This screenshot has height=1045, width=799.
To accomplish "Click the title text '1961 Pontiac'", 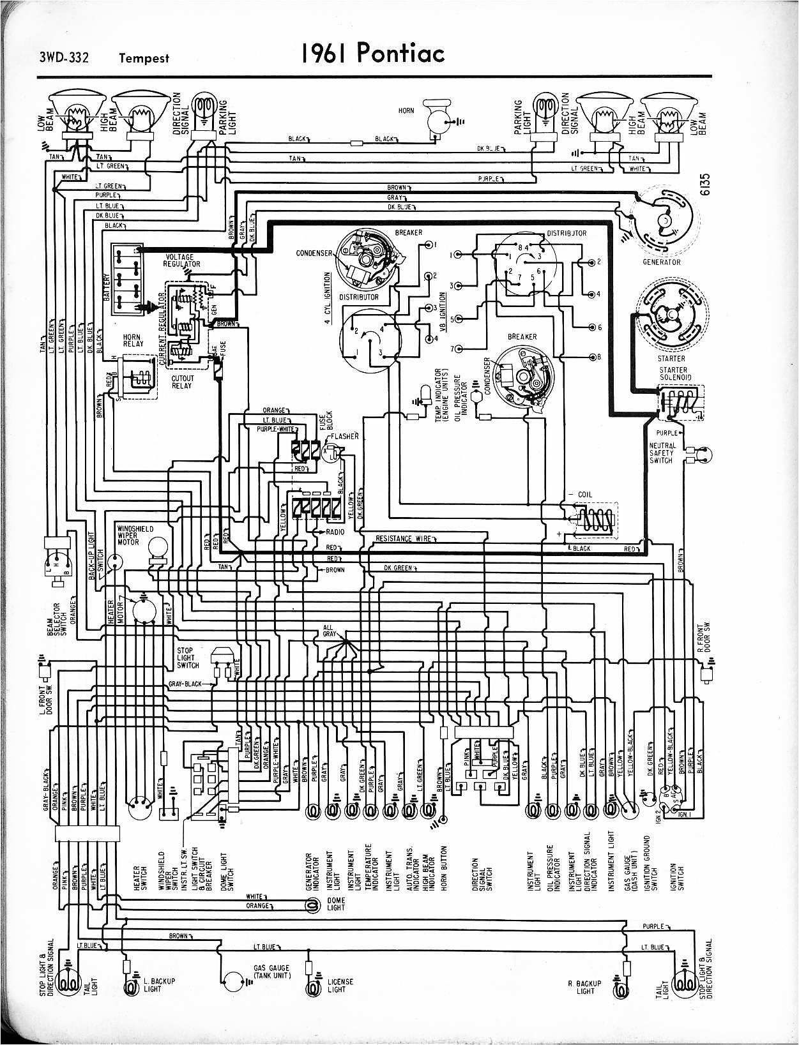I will tap(374, 54).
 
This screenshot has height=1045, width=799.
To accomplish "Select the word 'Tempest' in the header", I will tap(144, 58).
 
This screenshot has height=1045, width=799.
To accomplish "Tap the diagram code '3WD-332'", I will tap(64, 58).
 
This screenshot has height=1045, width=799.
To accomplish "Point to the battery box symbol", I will tap(127, 280).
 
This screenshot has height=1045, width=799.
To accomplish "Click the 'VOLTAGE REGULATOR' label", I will tap(182, 260).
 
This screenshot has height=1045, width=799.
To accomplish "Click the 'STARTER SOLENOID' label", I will tap(674, 373).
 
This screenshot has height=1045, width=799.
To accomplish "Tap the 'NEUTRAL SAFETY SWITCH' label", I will tap(662, 453).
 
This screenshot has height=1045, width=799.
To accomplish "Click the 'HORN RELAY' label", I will tap(132, 340).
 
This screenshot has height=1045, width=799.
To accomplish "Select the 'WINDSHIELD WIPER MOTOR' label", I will tap(134, 535).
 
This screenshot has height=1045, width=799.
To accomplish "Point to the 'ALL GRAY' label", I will tap(329, 631).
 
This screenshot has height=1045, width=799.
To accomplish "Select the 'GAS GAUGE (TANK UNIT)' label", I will tap(272, 972).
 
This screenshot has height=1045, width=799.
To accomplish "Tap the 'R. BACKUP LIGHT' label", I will tap(584, 987).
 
